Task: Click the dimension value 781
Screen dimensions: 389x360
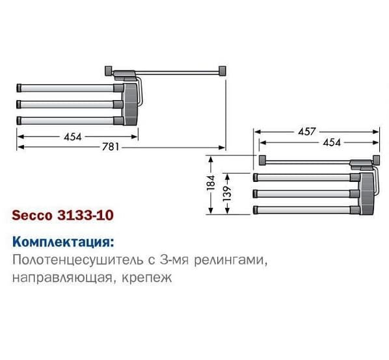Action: (111, 147)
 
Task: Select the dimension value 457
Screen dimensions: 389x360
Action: (307, 131)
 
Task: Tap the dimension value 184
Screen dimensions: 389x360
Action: (211, 183)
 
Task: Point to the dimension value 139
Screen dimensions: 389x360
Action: (227, 193)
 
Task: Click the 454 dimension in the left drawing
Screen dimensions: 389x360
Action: (73, 136)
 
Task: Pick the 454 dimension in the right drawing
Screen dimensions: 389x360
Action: (332, 142)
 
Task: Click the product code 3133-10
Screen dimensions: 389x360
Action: (85, 215)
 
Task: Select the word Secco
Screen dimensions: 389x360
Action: (33, 215)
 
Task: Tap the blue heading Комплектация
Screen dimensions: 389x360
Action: (63, 242)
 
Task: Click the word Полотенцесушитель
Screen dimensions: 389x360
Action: (78, 260)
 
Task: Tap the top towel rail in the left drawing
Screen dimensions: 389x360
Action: (70, 88)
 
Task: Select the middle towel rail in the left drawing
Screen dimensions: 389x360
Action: (70, 104)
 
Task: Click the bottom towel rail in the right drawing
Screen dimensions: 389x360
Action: (306, 210)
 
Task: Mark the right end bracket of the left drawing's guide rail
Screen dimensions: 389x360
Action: (222, 71)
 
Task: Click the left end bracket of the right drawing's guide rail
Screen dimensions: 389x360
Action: (262, 160)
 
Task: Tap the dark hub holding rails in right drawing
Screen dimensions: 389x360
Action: (367, 193)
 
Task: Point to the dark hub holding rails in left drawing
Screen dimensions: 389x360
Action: (130, 104)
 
